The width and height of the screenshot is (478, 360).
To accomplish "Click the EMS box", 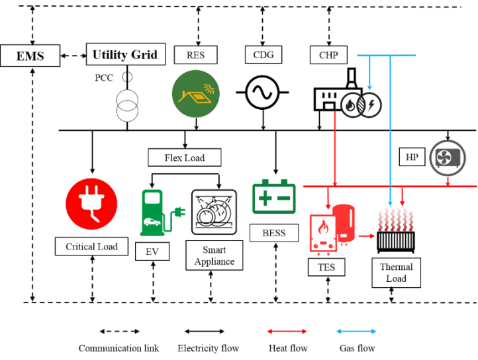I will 30,56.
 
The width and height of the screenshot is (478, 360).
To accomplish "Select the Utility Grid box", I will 124,54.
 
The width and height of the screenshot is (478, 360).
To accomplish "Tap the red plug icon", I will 91,202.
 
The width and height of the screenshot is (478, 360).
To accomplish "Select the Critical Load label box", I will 91,247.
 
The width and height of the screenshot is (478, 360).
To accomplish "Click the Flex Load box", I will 184,157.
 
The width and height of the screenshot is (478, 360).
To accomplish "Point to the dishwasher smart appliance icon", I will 213,212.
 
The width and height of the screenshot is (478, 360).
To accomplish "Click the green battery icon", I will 273,197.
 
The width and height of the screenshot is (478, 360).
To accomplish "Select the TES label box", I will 326,268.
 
